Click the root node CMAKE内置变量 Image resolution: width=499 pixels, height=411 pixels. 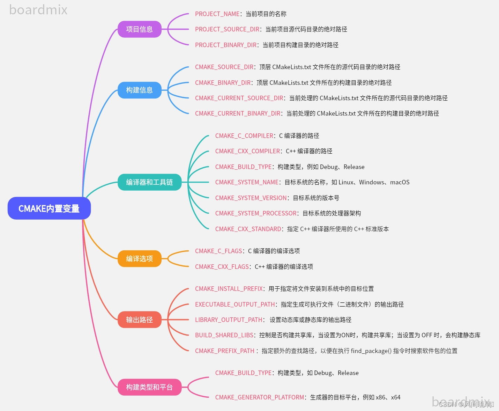coord(49,208)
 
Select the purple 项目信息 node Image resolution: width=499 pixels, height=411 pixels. coord(139,29)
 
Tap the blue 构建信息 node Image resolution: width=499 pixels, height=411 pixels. coord(139,90)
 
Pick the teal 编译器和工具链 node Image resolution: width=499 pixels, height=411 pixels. coord(149,182)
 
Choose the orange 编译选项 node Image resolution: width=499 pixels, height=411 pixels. coord(139,259)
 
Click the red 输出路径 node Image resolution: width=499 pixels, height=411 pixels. coord(139,320)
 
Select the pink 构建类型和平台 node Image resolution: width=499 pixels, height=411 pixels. coord(149,387)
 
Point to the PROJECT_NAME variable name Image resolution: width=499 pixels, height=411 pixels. coord(217,14)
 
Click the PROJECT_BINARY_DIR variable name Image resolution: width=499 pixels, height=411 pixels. coord(226,45)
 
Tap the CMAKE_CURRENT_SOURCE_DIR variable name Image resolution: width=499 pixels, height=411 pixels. coord(239,98)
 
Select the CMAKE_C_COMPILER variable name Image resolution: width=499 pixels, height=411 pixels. coord(244,136)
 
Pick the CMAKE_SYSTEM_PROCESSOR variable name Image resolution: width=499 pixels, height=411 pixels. coord(256,213)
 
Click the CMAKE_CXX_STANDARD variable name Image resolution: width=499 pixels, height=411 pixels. coord(248,229)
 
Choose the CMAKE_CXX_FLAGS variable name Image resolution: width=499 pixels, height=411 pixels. coord(222,267)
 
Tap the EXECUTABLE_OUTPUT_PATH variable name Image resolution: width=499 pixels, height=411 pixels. coord(235,304)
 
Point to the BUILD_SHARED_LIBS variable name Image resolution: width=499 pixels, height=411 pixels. coord(224,335)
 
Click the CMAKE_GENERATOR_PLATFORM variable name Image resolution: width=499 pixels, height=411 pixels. coord(260,397)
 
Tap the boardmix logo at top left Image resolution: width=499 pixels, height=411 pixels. coord(38,10)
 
